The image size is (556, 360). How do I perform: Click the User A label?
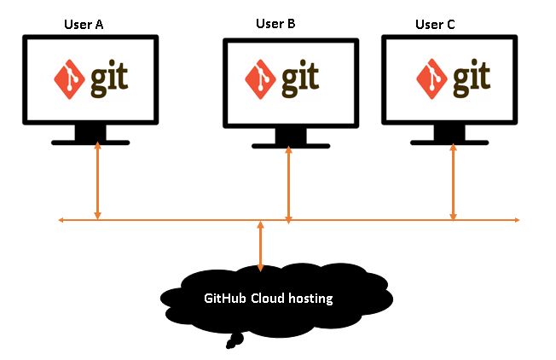tap(84, 25)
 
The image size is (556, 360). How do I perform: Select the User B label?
tap(275, 24)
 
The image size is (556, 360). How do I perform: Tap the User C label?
tap(435, 25)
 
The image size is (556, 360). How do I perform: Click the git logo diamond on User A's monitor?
tap(67, 78)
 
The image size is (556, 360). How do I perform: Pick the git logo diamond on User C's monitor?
tap(431, 78)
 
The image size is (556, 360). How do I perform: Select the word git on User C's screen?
tap(471, 77)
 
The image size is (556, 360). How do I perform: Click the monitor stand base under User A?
tap(90, 142)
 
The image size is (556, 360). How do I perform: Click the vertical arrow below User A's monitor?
tap(98, 182)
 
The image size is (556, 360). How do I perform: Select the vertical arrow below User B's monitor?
tap(289, 184)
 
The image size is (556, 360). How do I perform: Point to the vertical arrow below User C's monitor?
tap(453, 182)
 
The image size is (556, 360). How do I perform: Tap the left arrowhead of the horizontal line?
tap(61, 221)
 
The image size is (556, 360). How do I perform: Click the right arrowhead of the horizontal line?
tap(517, 221)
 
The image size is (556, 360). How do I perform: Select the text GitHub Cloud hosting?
tap(268, 299)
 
